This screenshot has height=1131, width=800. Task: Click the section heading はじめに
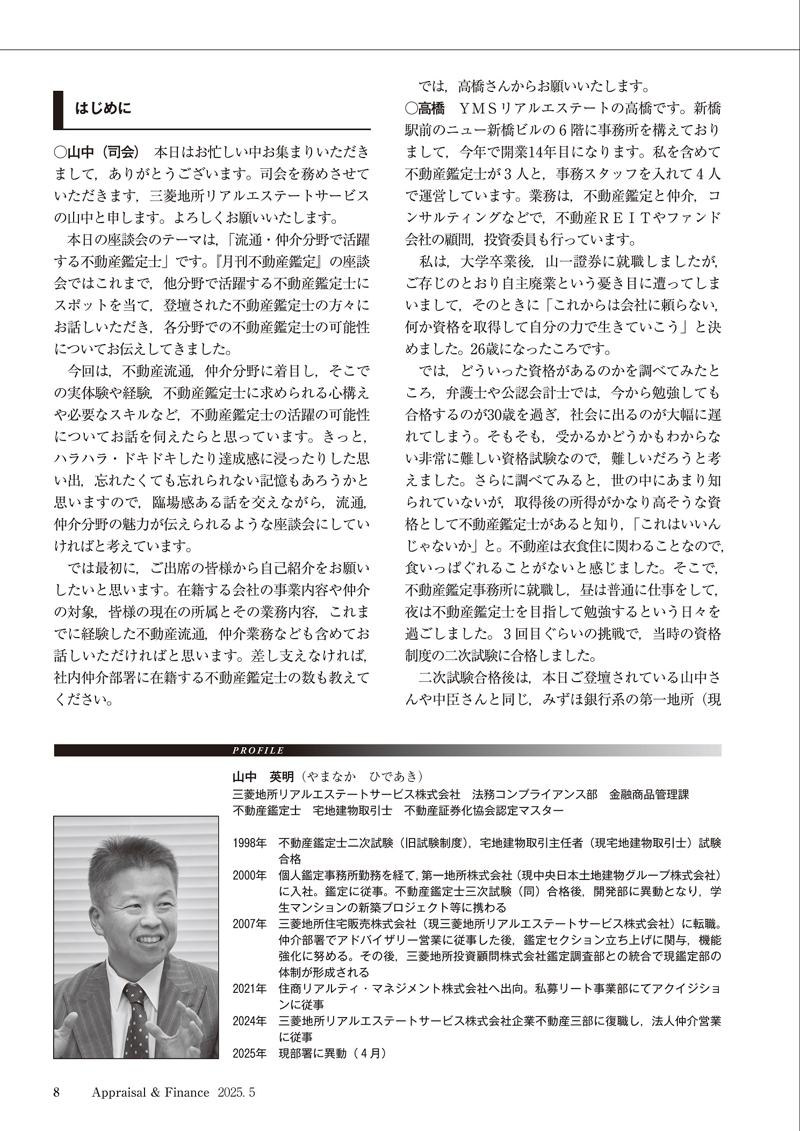click(x=103, y=109)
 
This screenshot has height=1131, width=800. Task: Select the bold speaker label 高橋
click(x=425, y=109)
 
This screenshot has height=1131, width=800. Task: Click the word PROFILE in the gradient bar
click(x=258, y=750)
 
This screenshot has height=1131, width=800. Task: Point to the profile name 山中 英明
click(x=263, y=776)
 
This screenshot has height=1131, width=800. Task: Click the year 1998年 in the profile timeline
click(x=249, y=843)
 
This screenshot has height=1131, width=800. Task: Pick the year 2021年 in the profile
click(x=249, y=989)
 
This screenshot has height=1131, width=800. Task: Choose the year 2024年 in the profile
click(x=249, y=1021)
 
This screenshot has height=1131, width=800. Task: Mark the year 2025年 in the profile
click(x=249, y=1054)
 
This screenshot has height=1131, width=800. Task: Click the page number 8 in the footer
click(x=56, y=1092)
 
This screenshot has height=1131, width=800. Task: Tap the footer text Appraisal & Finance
click(x=150, y=1092)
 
